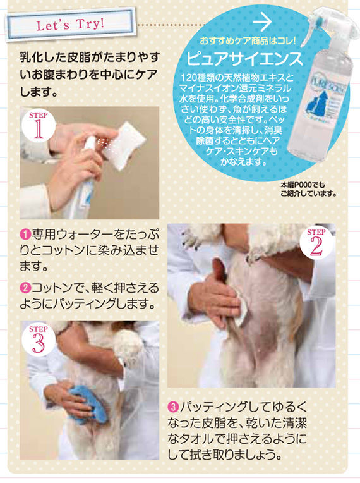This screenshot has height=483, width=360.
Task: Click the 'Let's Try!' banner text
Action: [70, 24]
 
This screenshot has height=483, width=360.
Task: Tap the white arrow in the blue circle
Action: [262, 22]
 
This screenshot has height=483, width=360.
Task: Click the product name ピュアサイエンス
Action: [245, 58]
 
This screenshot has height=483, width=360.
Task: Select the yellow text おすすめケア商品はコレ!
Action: [248, 40]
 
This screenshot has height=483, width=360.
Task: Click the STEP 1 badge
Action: [39, 125]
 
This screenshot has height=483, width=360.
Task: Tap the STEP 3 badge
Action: [39, 339]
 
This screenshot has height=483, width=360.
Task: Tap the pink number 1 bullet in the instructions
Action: [25, 235]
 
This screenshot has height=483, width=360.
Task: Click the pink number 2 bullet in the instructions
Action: [25, 288]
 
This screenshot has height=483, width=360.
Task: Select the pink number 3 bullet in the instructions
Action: [172, 407]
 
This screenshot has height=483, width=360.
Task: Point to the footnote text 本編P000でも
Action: [303, 185]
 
